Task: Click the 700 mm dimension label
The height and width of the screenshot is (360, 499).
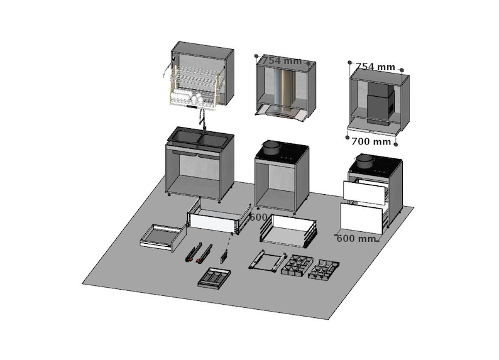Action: [x=371, y=142]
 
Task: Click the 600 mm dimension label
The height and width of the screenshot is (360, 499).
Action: [x=357, y=239]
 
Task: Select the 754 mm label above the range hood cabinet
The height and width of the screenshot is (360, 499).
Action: [x=282, y=61]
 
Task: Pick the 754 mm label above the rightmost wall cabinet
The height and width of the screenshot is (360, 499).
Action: [x=375, y=67]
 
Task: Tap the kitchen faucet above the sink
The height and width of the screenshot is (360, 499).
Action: [x=202, y=117]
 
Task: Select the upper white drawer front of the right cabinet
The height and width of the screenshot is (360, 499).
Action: [x=365, y=192]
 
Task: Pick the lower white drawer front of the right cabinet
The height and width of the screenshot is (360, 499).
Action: [x=361, y=218]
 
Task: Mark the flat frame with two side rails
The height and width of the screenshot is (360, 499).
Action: [x=266, y=261]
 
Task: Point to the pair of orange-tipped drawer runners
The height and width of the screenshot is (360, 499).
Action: [x=199, y=252]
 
